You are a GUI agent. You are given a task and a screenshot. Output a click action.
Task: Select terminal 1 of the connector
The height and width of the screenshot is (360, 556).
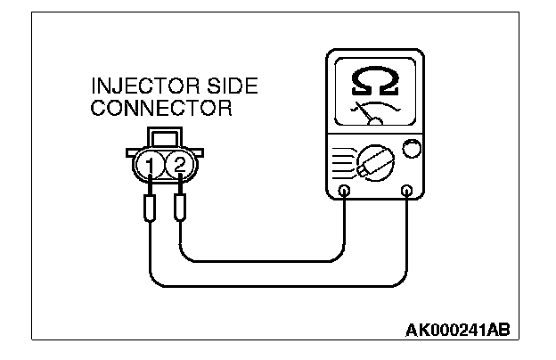[152, 165]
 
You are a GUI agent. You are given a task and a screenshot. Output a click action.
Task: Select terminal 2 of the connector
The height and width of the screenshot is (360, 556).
[179, 165]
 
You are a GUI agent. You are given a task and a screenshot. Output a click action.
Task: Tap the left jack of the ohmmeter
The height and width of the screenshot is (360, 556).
[346, 190]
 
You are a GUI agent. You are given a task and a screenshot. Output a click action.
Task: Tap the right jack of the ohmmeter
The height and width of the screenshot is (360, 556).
[407, 190]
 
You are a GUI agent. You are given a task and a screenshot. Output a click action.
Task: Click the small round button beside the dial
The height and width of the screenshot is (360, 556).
[411, 148]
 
